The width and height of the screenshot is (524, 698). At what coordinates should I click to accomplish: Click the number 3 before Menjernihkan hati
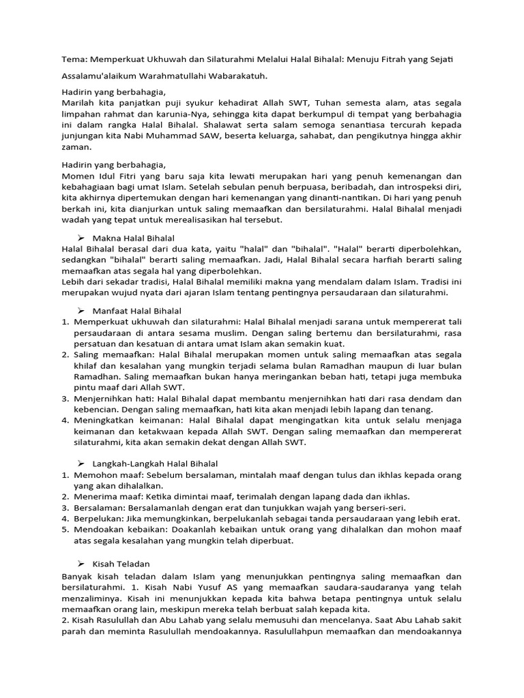(65, 398)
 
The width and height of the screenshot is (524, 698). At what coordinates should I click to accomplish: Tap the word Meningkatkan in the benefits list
(106, 420)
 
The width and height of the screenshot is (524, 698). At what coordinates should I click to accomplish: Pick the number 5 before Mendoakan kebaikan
(65, 529)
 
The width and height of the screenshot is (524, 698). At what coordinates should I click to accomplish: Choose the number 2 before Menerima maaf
(65, 496)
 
